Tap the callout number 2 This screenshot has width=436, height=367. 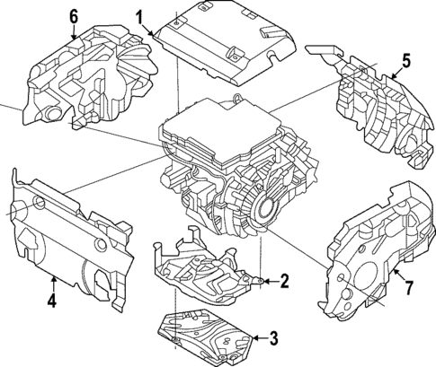[284, 281]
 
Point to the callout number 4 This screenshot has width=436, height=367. [51, 301]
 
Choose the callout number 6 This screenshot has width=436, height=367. [73, 14]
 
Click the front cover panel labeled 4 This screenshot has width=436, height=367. [67, 233]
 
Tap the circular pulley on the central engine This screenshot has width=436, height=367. [268, 208]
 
